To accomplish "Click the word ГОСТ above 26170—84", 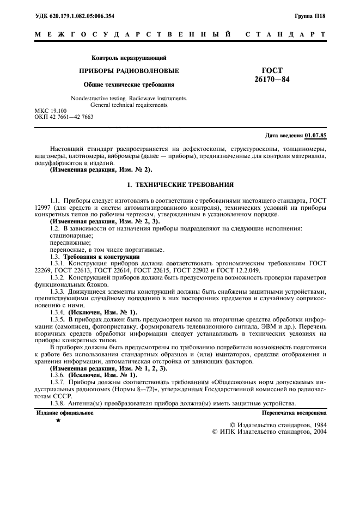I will (272, 71).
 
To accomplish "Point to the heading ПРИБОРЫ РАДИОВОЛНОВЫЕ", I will (129, 71).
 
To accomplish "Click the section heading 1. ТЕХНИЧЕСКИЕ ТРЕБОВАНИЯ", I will (180, 185).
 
